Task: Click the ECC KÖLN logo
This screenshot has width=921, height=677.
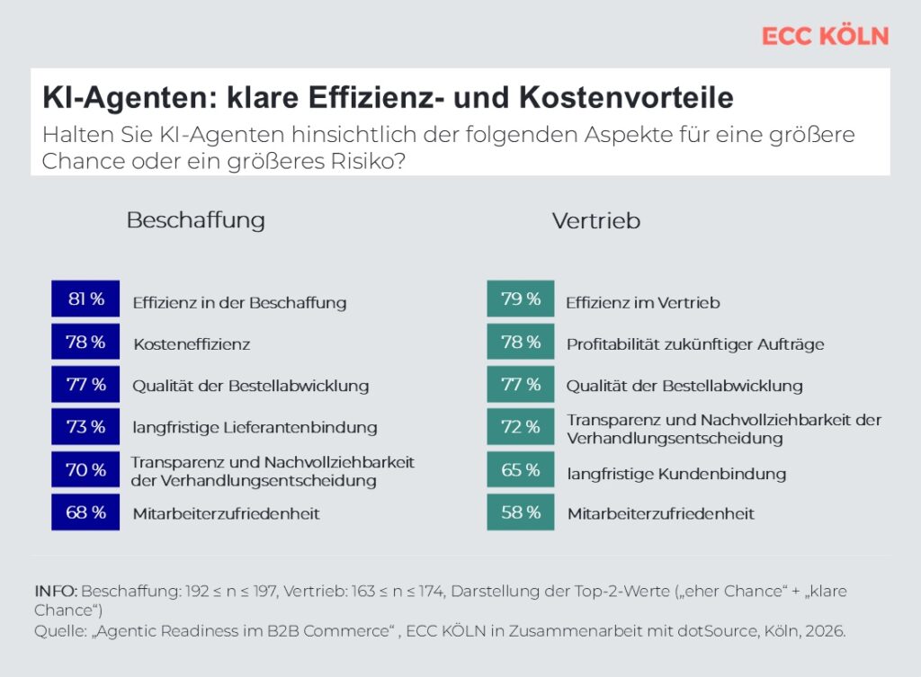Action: coord(825,36)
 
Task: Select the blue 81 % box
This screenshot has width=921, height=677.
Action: coord(85,299)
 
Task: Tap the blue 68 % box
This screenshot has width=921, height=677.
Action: coord(85,512)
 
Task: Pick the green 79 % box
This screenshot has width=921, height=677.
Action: coord(521,299)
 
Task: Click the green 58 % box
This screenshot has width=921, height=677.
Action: coord(521,512)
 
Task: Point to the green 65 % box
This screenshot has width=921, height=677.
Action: coord(521,470)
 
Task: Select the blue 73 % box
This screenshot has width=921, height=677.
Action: coord(85,427)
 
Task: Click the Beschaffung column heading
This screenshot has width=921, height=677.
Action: coord(195,220)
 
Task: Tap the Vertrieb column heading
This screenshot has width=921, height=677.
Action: coord(595,221)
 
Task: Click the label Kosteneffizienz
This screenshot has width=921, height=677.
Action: coord(192,343)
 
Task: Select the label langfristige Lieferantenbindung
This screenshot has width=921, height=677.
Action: coord(255,428)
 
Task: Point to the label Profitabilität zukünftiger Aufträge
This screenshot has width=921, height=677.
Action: coord(695,343)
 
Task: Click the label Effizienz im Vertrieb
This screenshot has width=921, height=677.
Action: coord(643,303)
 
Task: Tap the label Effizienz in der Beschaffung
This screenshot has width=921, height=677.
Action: coord(239,303)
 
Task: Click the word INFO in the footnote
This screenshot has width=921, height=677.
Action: coord(55,591)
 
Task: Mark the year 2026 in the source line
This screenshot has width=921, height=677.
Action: coord(825,631)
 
